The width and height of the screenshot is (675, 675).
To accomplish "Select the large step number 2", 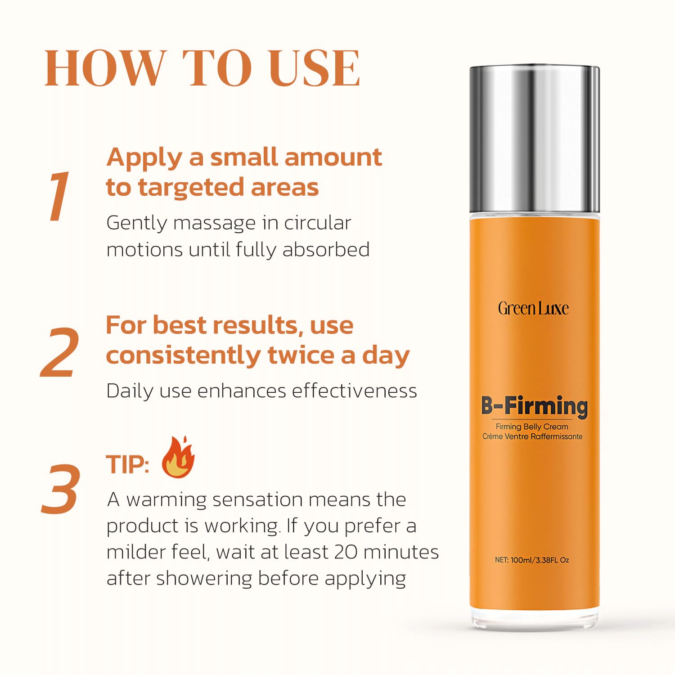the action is pos(60,352).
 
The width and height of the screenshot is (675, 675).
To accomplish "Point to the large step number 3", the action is pos(61,489).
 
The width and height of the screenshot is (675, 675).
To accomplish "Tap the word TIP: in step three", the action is pos(127,464).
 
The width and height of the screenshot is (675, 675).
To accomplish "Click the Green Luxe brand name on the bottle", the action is pos(533,308).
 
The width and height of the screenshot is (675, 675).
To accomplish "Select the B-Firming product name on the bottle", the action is pos(534,406).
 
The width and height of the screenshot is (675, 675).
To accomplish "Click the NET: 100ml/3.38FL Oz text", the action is pos(532,560).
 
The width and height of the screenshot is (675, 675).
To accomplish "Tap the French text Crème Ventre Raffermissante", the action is pos(532,436).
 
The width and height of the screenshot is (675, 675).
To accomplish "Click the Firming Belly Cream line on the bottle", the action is pos(532,427).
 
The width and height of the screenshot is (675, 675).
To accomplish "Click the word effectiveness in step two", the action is pos(355,391).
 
